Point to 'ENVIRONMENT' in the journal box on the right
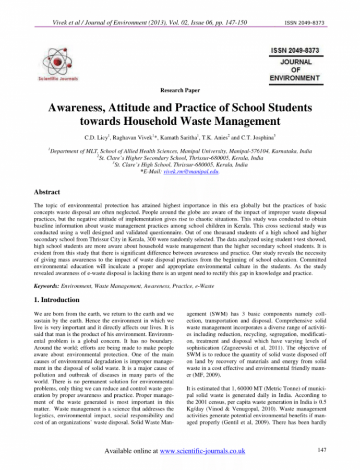click(295, 78)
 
